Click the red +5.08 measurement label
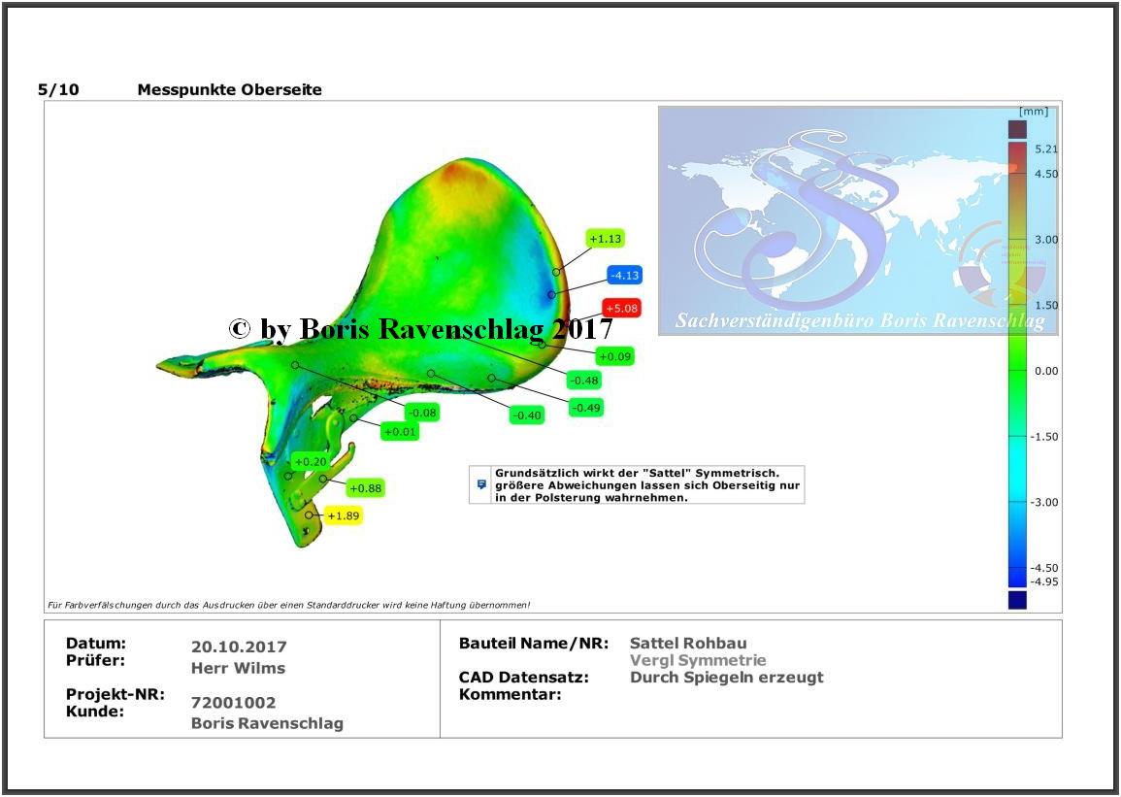pyautogui.click(x=621, y=308)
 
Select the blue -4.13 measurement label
pyautogui.click(x=624, y=275)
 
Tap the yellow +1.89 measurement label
pyautogui.click(x=344, y=515)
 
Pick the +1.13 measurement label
pyautogui.click(x=606, y=239)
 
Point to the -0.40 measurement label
pyautogui.click(x=528, y=415)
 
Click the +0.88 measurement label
pyautogui.click(x=365, y=489)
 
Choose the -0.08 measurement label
pyautogui.click(x=422, y=413)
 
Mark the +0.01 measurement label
pyautogui.click(x=400, y=432)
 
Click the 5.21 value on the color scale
pyautogui.click(x=1046, y=149)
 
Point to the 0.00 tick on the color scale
pyautogui.click(x=1046, y=371)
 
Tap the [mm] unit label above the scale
pyautogui.click(x=1034, y=112)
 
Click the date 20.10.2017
pyautogui.click(x=239, y=647)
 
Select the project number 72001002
pyautogui.click(x=233, y=703)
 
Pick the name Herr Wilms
pyautogui.click(x=238, y=668)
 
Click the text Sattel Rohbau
pyautogui.click(x=688, y=644)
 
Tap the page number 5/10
pyautogui.click(x=58, y=90)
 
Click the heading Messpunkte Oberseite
pyautogui.click(x=229, y=90)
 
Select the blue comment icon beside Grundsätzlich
pyautogui.click(x=481, y=484)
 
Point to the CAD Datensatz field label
pyautogui.click(x=524, y=677)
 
